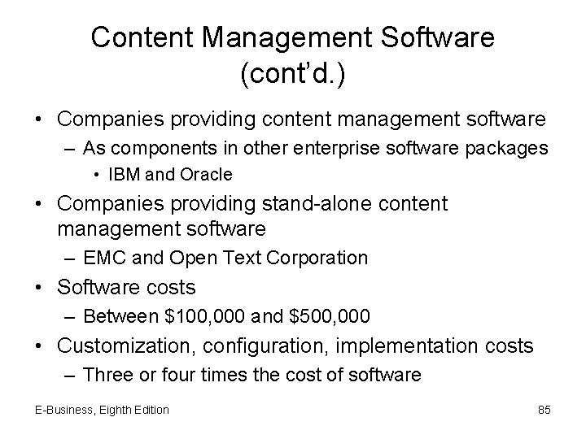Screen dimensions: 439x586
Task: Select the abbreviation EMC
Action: pos(103,259)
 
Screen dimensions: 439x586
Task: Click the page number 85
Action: pos(544,410)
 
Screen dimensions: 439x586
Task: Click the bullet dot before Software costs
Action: pos(40,288)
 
